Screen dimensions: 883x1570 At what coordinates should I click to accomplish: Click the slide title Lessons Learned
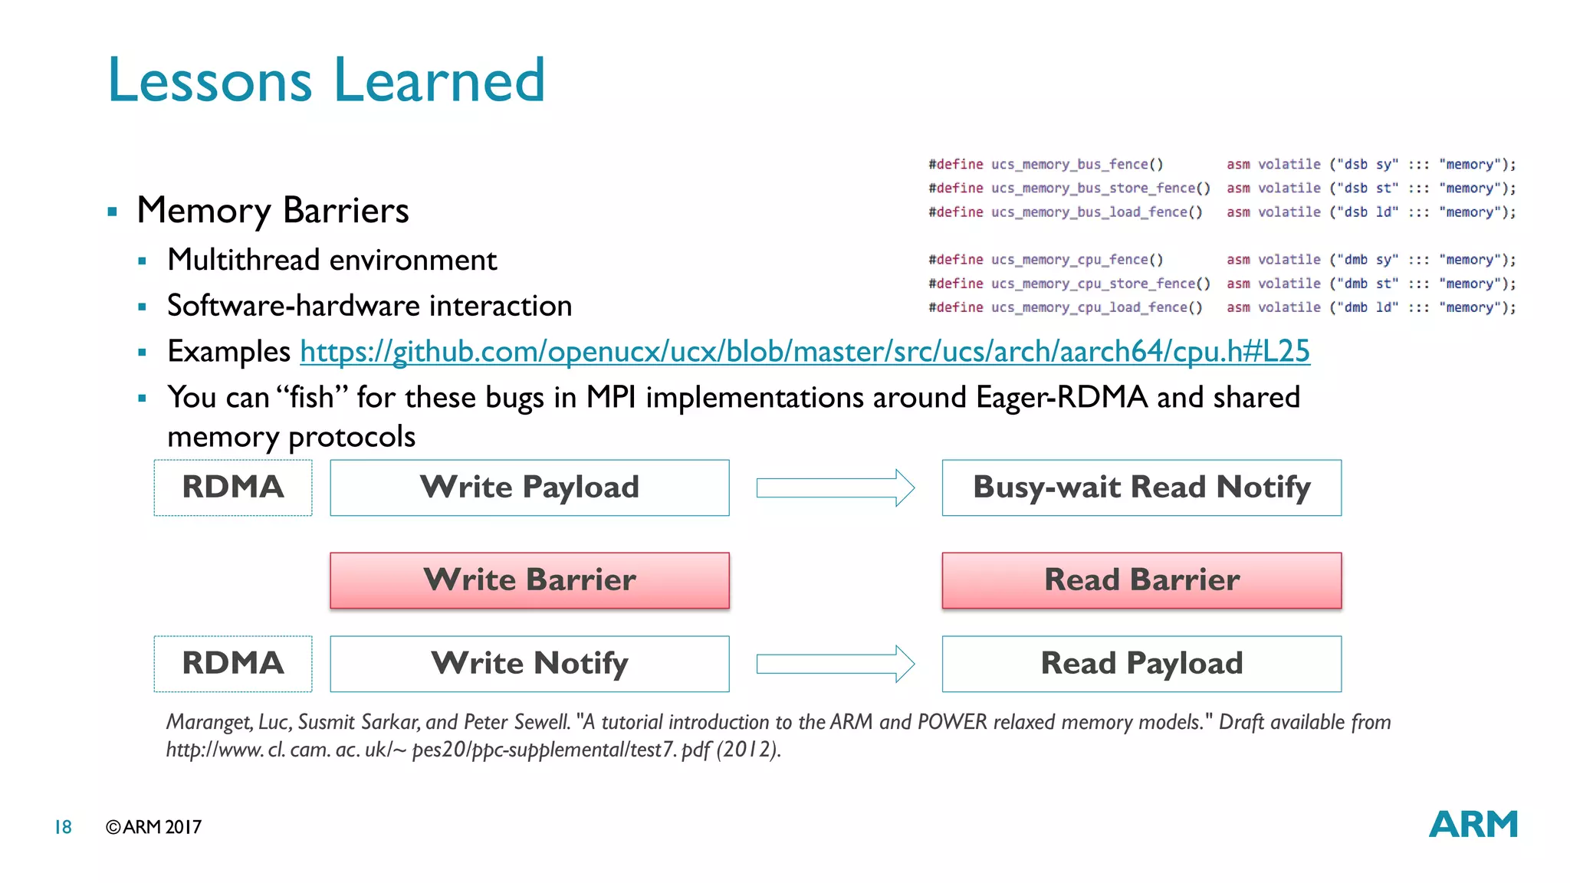pyautogui.click(x=326, y=80)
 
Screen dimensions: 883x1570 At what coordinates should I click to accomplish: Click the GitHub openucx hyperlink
pyautogui.click(x=804, y=352)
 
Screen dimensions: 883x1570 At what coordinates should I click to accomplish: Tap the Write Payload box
pyautogui.click(x=530, y=487)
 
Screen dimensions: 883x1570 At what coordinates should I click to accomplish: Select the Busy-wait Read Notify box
pyautogui.click(x=1141, y=487)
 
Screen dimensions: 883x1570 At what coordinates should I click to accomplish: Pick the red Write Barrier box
pyautogui.click(x=530, y=580)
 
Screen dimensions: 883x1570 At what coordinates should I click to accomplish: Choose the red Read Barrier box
pyautogui.click(x=1141, y=580)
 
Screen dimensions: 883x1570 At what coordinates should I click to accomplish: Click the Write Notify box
pyautogui.click(x=530, y=664)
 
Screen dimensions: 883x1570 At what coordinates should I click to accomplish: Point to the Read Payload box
pyautogui.click(x=1141, y=664)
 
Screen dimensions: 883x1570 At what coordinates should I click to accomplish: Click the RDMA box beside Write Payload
pyautogui.click(x=233, y=487)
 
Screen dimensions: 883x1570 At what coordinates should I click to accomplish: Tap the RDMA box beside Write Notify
pyautogui.click(x=233, y=664)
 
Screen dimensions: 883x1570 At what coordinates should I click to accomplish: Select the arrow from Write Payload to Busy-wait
pyautogui.click(x=835, y=488)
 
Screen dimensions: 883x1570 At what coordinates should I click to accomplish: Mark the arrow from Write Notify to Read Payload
pyautogui.click(x=835, y=664)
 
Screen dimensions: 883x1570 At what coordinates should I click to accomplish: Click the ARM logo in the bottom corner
pyautogui.click(x=1473, y=825)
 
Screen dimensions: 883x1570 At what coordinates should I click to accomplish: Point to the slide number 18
pyautogui.click(x=63, y=827)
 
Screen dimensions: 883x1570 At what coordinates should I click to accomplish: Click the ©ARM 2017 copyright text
pyautogui.click(x=153, y=827)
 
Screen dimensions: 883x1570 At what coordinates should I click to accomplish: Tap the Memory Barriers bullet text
pyautogui.click(x=272, y=211)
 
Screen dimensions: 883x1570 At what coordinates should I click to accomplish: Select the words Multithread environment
pyautogui.click(x=332, y=261)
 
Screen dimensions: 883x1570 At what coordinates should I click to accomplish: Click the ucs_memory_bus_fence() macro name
pyautogui.click(x=1076, y=164)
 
